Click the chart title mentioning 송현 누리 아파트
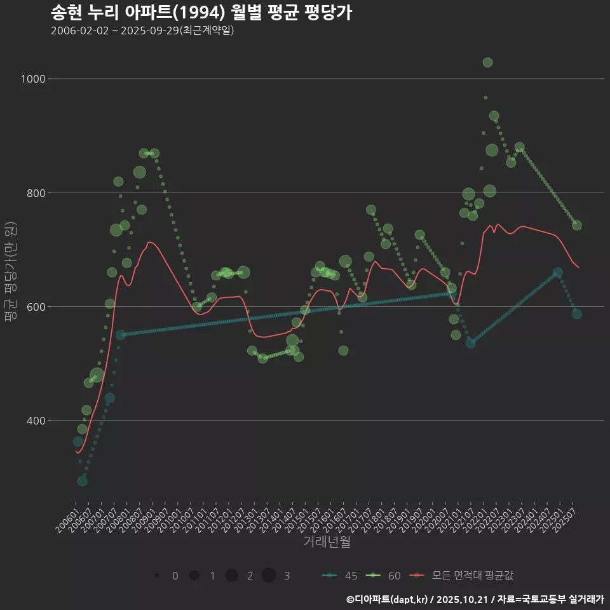click(201, 13)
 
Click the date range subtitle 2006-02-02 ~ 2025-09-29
click(142, 30)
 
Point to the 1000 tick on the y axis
click(33, 79)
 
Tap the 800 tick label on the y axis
click(35, 193)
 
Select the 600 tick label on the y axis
click(35, 306)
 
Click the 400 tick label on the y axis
click(35, 421)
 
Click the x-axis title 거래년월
click(327, 541)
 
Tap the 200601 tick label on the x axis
click(69, 516)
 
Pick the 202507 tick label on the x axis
click(567, 516)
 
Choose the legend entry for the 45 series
click(340, 576)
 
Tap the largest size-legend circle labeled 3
click(269, 576)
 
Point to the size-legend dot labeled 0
click(156, 576)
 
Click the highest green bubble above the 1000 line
click(487, 62)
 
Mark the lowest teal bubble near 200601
click(82, 481)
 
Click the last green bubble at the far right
click(576, 225)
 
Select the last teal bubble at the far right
click(576, 314)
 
